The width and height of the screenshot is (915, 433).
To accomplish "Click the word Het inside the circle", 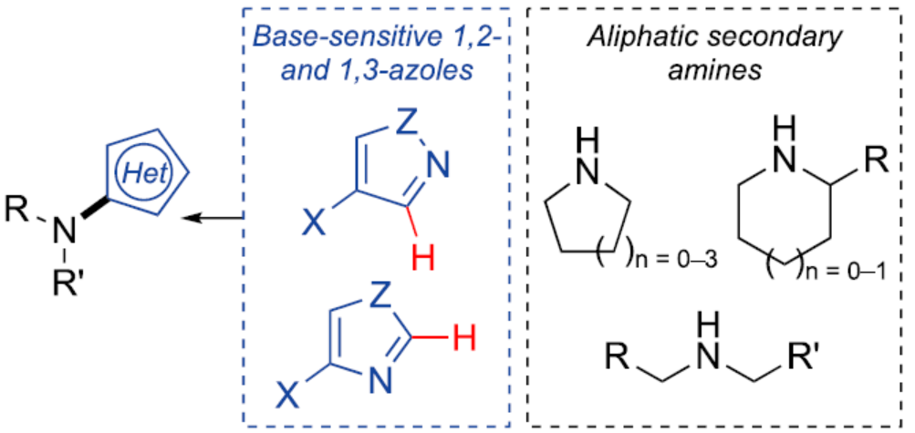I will tap(149, 171).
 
